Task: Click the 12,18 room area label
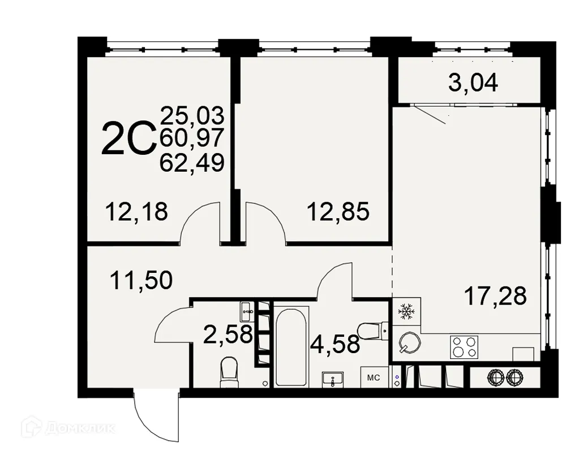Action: pyautogui.click(x=136, y=212)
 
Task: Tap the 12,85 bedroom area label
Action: pyautogui.click(x=338, y=212)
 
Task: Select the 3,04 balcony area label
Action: pyautogui.click(x=473, y=83)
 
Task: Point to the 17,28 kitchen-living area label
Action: pyautogui.click(x=495, y=295)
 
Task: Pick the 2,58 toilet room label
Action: pyautogui.click(x=228, y=334)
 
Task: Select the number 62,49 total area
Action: pyautogui.click(x=192, y=163)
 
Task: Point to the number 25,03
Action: pyautogui.click(x=192, y=115)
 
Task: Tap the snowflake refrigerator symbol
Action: pyautogui.click(x=406, y=311)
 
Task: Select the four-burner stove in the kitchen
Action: pyautogui.click(x=464, y=346)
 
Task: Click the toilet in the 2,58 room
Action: pyautogui.click(x=229, y=372)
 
